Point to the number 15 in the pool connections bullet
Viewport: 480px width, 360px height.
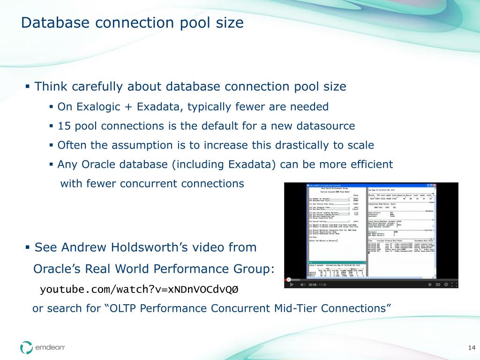point(63,126)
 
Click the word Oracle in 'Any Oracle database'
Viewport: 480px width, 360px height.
point(97,165)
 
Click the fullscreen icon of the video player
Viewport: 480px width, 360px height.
point(454,285)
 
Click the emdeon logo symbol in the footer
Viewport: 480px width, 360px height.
point(26,347)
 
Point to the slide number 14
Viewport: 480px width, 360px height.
point(472,347)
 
